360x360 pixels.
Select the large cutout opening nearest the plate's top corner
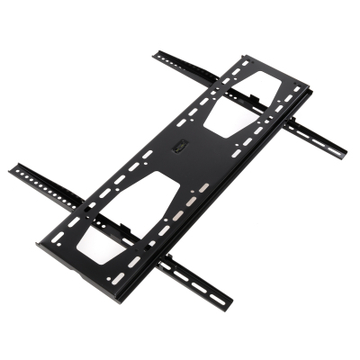point(241,101)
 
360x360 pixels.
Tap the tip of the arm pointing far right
point(346,150)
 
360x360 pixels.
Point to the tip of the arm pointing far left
point(12,169)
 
